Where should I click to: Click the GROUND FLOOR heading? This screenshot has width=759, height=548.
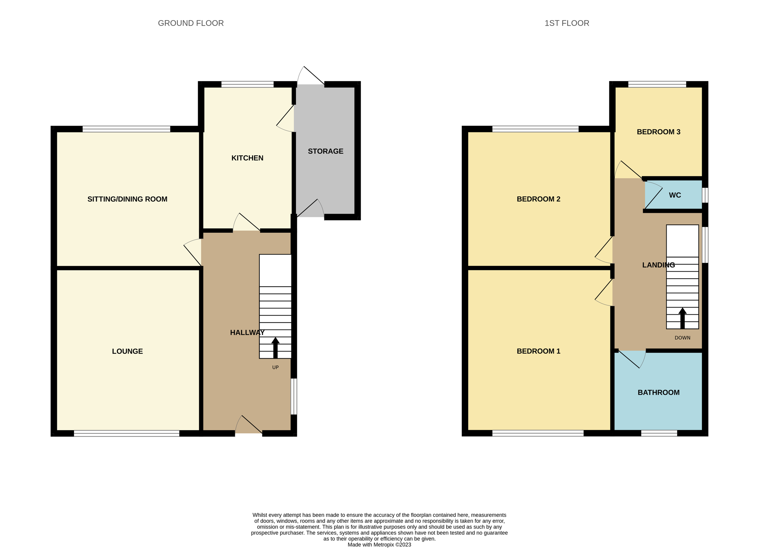point(191,23)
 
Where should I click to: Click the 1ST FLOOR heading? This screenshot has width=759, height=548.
point(567,23)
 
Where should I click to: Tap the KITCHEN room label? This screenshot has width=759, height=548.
point(247,158)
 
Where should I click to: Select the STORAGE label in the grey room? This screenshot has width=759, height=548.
point(325,151)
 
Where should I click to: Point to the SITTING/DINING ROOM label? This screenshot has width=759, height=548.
point(127,199)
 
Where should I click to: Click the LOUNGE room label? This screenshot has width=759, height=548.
point(127,351)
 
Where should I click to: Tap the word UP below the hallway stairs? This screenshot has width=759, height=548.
point(275,368)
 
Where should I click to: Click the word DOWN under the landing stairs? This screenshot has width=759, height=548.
point(682,338)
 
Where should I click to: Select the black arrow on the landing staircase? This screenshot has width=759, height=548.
point(682,318)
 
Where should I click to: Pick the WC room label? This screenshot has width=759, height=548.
point(675,195)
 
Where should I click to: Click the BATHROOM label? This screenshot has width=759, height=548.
point(658,393)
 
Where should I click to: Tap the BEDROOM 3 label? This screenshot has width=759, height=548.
point(658,132)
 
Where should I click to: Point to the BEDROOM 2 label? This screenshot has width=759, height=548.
point(538,199)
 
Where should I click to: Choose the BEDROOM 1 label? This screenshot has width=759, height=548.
point(538,351)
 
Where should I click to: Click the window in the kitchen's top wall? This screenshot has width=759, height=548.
point(247,85)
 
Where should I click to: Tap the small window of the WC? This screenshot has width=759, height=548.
point(705,195)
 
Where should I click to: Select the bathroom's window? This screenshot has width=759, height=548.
point(659,433)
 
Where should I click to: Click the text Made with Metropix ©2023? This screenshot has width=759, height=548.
point(379,545)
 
